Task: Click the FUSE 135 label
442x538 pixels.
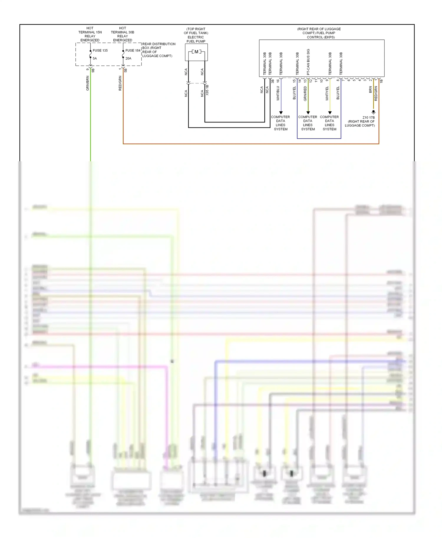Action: [100, 51]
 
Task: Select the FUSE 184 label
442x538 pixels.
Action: [133, 51]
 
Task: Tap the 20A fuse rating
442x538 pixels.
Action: [128, 59]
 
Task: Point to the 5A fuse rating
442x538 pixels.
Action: [95, 59]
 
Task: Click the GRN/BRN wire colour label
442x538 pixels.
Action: [88, 83]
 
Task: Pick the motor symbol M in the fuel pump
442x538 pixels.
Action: [196, 52]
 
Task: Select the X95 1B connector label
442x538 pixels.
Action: [207, 90]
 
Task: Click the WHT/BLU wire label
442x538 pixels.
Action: [278, 94]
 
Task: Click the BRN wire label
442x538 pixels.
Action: [370, 90]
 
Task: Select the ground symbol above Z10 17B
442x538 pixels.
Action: [373, 112]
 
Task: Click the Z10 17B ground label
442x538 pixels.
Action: [369, 117]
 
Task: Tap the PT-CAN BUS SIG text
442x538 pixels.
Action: [308, 62]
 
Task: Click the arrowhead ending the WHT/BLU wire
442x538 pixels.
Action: [281, 113]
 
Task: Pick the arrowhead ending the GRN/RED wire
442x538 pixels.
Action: [308, 113]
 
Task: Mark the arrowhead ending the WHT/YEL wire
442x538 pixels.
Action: [330, 113]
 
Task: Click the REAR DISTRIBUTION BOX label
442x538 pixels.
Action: [159, 50]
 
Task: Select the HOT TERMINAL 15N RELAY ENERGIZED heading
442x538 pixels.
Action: [90, 34]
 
